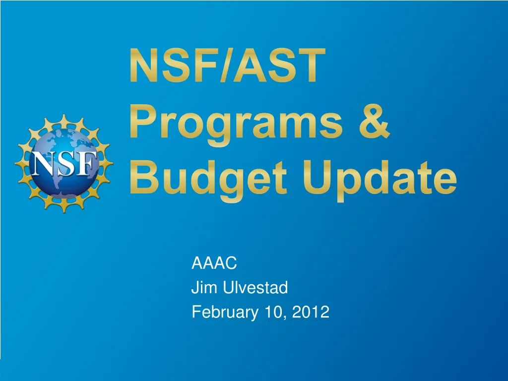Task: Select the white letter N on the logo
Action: (x=43, y=165)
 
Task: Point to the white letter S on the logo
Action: (x=64, y=165)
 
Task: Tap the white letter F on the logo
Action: (x=85, y=165)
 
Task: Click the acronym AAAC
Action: (x=214, y=264)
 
